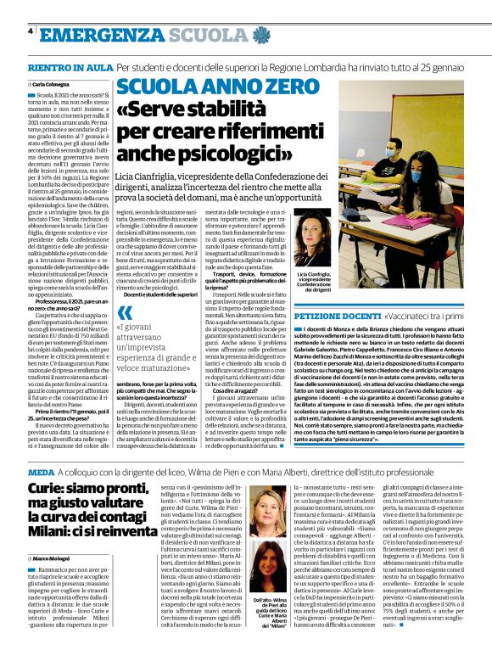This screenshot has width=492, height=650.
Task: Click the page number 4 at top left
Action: pos(31,31)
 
